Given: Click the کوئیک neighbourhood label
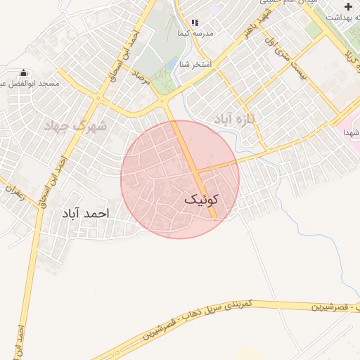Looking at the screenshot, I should (202, 200).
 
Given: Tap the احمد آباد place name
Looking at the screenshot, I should (86, 212).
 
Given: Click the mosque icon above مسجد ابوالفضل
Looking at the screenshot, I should (23, 72).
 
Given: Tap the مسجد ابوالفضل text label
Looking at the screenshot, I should (39, 84).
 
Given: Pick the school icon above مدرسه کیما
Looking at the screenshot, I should (195, 23).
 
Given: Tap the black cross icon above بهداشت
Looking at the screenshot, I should (348, 6).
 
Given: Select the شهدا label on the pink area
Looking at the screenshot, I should (352, 132).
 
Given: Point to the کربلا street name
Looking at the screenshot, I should (348, 53).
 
